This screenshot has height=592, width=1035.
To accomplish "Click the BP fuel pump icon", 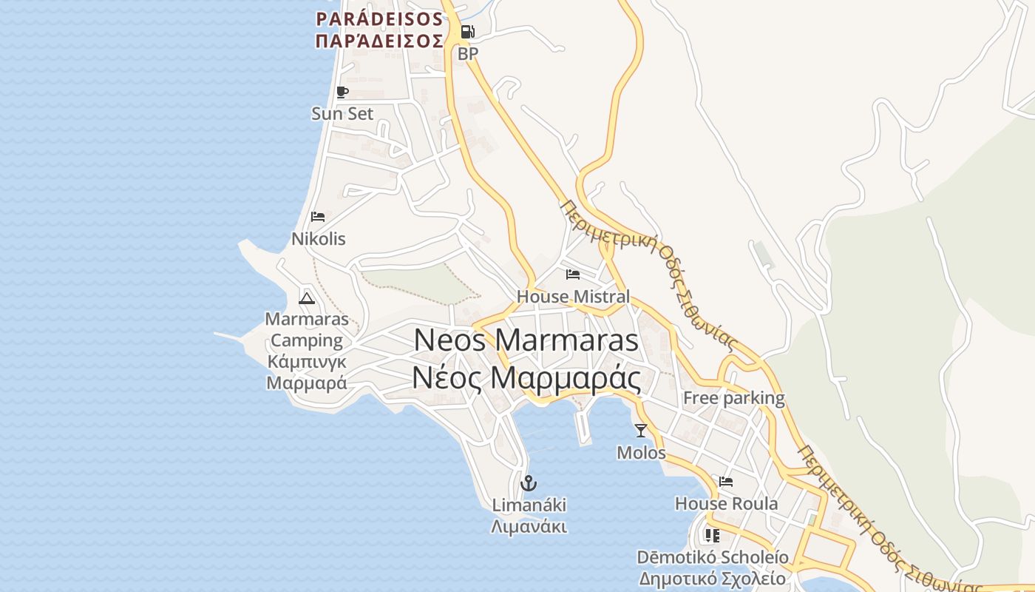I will click(x=467, y=32).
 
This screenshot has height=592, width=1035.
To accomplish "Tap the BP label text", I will click(x=468, y=54).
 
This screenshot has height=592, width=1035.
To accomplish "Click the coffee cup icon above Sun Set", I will click(x=342, y=92).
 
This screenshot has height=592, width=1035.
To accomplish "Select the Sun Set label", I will click(x=342, y=114).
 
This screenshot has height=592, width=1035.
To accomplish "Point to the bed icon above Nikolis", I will click(x=318, y=217).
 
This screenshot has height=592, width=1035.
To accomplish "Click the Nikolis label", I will click(x=318, y=240).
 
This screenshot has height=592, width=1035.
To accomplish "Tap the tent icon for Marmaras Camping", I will click(x=307, y=298).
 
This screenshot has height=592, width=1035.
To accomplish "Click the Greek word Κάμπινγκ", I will click(x=306, y=362).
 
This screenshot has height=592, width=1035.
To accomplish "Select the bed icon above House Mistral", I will click(x=573, y=275).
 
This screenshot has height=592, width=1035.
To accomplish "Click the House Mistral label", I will click(x=573, y=297).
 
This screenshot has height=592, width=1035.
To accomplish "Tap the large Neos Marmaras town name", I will click(x=526, y=340).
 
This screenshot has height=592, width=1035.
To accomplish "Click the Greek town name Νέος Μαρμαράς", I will click(x=526, y=378).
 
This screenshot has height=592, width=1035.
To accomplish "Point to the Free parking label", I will click(x=733, y=398).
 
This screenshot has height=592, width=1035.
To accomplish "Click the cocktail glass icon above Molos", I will click(x=641, y=431).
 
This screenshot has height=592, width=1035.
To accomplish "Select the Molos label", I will click(x=641, y=453).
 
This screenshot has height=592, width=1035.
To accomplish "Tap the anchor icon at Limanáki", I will click(x=529, y=484).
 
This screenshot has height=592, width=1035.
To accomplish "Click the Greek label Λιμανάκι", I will click(x=529, y=527).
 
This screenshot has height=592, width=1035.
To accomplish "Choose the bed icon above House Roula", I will click(x=726, y=482).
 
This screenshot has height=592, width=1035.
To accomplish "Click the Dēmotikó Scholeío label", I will click(x=713, y=557).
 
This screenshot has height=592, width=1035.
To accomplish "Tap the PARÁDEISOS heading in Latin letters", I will click(x=379, y=18).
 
